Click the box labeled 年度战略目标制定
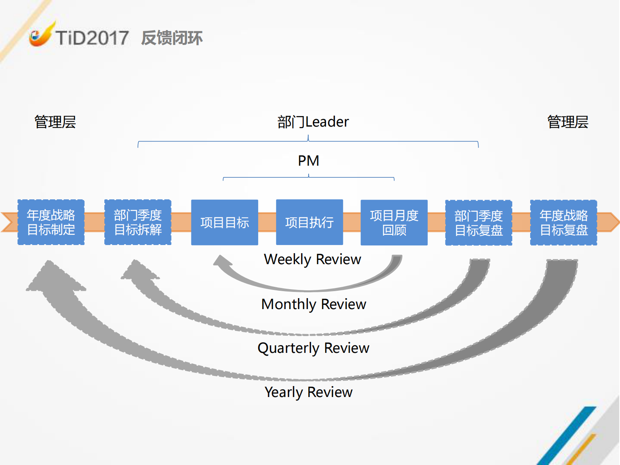click(x=51, y=222)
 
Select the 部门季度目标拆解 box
click(x=138, y=222)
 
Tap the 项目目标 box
click(x=225, y=222)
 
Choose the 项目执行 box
click(x=309, y=222)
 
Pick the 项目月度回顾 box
click(x=394, y=222)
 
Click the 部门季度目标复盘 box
click(x=479, y=223)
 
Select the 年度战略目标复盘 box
click(x=563, y=223)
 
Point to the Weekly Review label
click(x=313, y=259)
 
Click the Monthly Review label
click(x=314, y=304)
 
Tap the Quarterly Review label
click(x=313, y=348)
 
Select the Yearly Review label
click(x=309, y=392)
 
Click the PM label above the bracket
click(x=309, y=161)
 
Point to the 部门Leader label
click(x=313, y=122)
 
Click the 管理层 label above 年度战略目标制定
click(x=55, y=122)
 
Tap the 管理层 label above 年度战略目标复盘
click(x=568, y=122)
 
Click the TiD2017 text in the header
click(x=92, y=38)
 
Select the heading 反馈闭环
click(x=172, y=38)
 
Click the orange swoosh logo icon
click(x=41, y=35)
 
